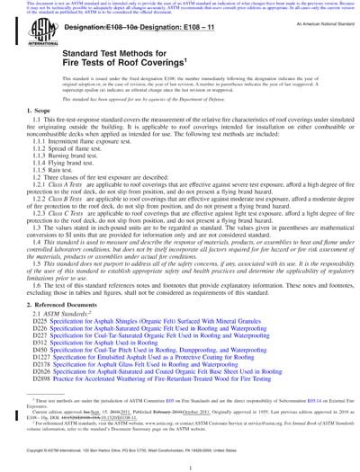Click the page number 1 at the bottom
(x=181, y=464)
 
